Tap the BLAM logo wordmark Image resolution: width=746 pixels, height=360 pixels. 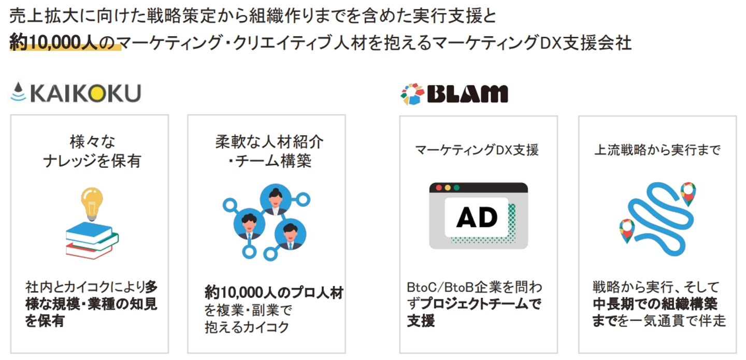coord(468,94)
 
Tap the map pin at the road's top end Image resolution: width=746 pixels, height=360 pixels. coord(688,193)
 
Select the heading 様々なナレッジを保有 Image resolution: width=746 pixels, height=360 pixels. coord(92,151)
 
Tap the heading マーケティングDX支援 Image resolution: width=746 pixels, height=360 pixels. coord(477,150)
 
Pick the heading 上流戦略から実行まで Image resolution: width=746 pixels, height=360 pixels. coord(657,150)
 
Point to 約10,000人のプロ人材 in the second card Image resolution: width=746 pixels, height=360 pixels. coord(274,293)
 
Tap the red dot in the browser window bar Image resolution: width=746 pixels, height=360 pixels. coord(439,188)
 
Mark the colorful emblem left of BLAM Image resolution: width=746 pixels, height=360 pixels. coord(412,94)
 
